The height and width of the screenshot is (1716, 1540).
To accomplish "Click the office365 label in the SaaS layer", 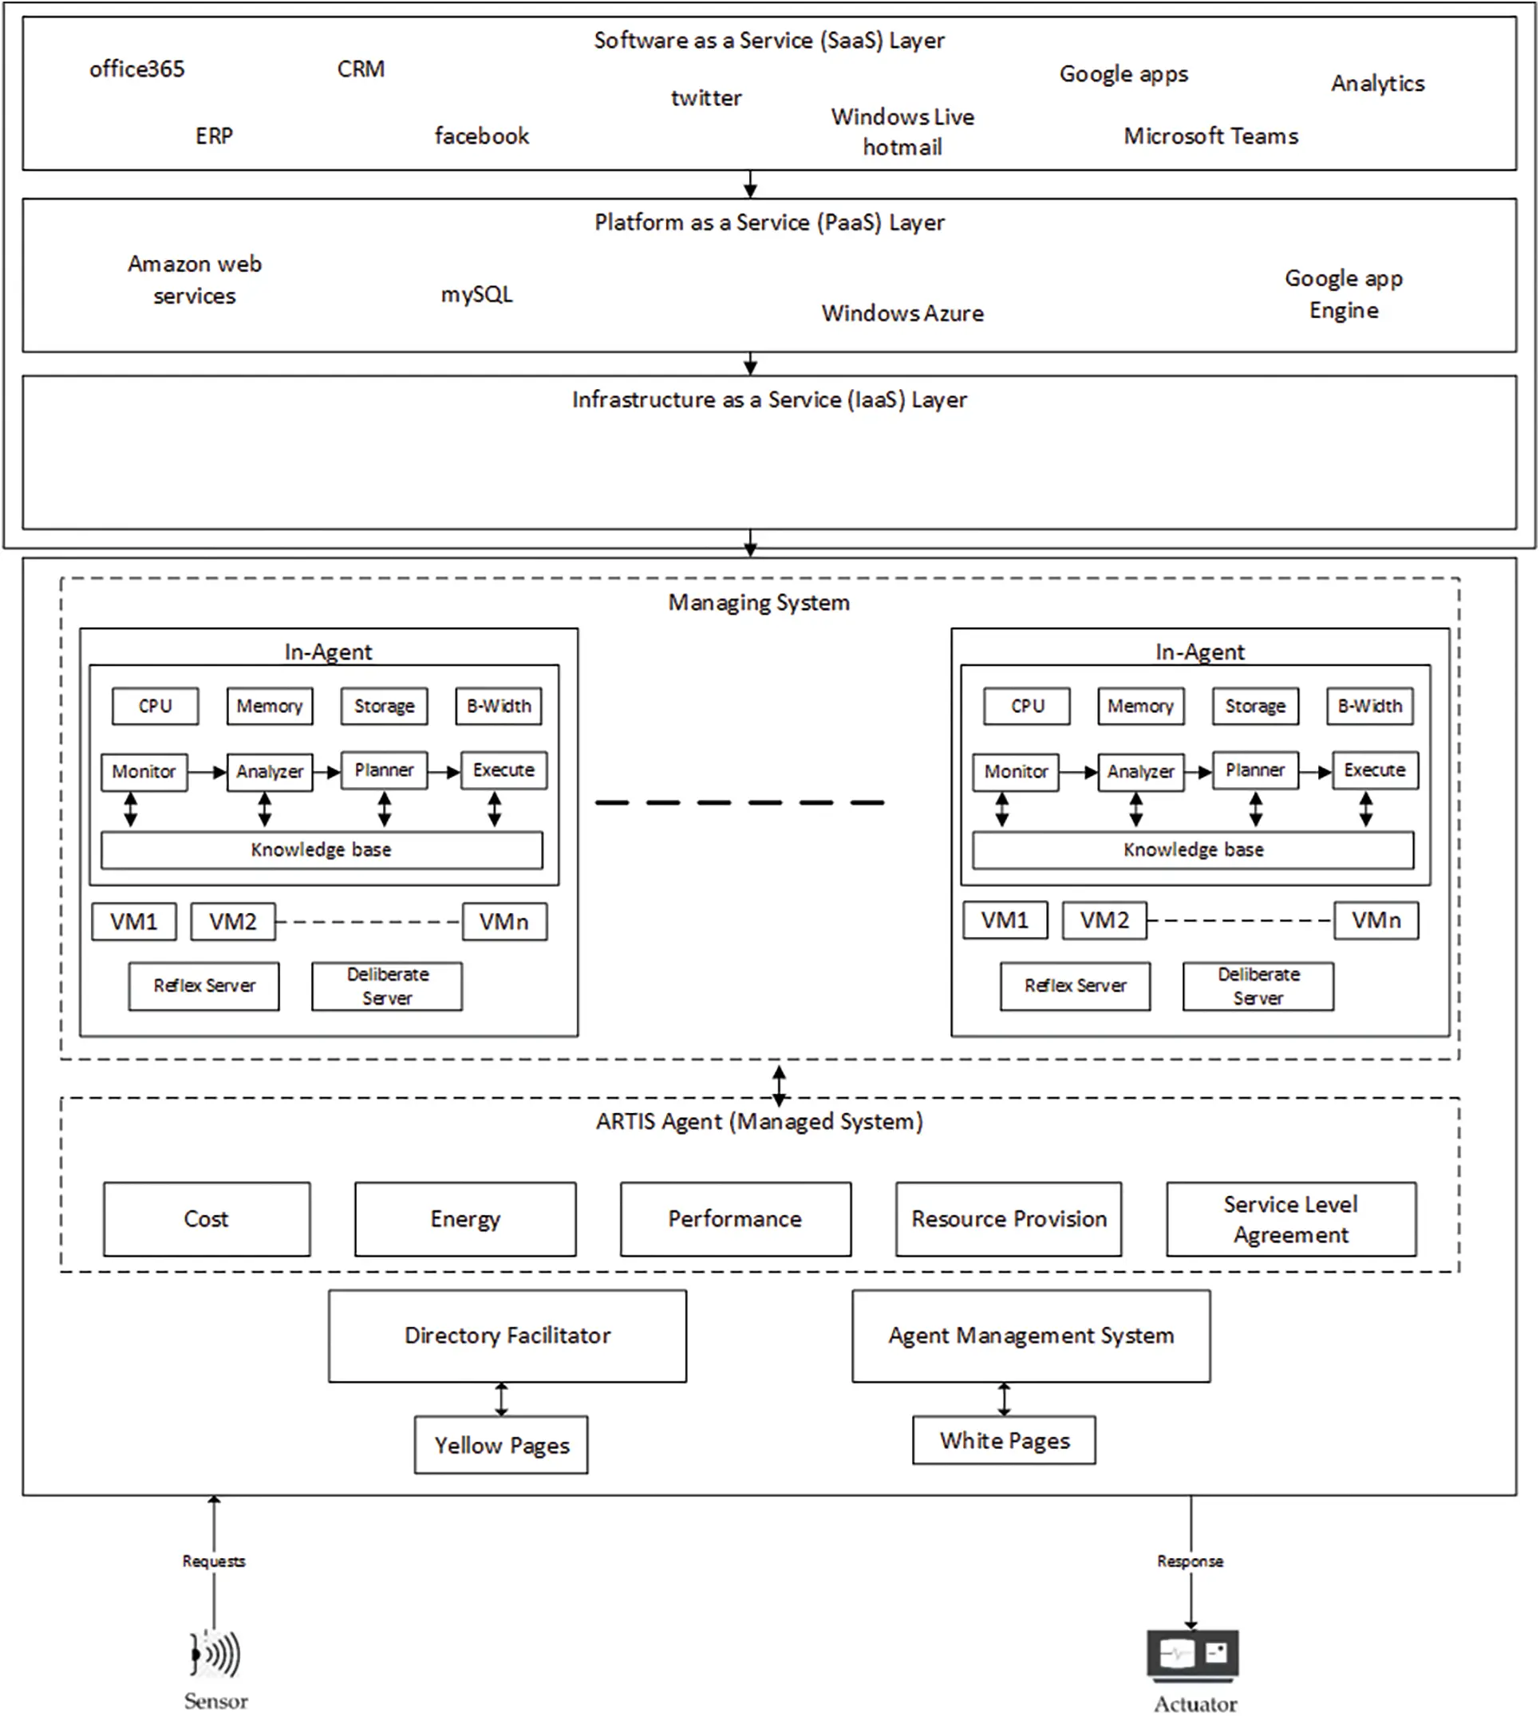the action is tap(137, 69).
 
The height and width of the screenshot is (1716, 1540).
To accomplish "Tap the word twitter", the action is tap(706, 98).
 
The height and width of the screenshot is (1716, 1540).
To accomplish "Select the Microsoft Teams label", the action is tap(1210, 136).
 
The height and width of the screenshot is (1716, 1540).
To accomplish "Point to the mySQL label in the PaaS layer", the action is tap(476, 294).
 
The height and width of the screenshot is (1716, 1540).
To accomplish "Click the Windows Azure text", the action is tap(902, 313).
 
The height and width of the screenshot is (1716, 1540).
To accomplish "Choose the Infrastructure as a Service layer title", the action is tap(769, 399).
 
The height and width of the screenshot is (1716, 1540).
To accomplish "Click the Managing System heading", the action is tap(759, 602).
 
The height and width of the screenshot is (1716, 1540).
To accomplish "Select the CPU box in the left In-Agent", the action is tap(156, 706).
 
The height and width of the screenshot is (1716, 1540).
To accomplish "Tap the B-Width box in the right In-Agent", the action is tap(1370, 706).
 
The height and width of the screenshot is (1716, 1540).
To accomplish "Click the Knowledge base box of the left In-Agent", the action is tap(322, 850).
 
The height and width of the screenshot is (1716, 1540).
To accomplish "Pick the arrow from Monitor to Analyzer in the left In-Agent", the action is tap(207, 772).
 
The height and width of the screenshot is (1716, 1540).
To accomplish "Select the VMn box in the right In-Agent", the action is tap(1376, 921).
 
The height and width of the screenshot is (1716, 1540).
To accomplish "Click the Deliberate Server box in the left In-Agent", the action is tap(388, 986).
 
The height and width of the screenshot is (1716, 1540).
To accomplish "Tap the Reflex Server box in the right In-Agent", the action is tap(1076, 986).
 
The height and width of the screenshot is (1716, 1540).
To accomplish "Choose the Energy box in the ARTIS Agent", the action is tap(465, 1219).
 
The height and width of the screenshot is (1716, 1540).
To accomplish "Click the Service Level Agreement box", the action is tap(1291, 1219).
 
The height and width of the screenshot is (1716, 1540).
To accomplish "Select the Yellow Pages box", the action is tap(502, 1446).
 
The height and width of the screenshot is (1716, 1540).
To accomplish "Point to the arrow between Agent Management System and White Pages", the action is tap(1005, 1399).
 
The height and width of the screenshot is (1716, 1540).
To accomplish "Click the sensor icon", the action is tap(215, 1652).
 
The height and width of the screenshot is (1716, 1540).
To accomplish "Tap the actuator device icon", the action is tap(1193, 1655).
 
